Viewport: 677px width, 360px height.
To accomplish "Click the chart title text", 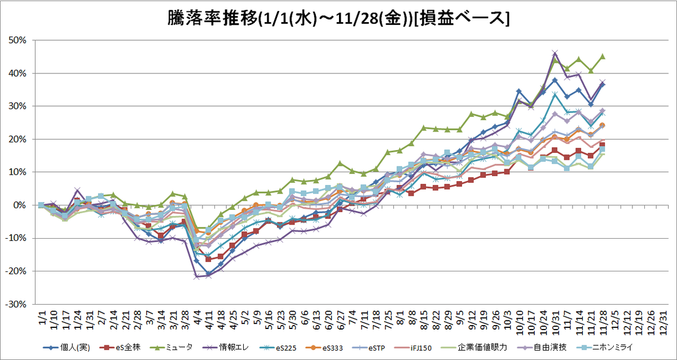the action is (338, 19).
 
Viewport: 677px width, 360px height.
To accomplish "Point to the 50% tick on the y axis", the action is (17, 40).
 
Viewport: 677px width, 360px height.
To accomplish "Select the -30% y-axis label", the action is (16, 304).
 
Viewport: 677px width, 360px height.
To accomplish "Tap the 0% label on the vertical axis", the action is (20, 205).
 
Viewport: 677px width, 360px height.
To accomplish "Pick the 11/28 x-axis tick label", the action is (603, 323).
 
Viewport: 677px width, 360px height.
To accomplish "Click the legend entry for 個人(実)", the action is (67, 348).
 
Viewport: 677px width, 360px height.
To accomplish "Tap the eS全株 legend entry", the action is (120, 348).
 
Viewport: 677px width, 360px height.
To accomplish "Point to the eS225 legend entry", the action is (278, 348).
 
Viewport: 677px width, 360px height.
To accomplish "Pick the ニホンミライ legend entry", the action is (605, 348).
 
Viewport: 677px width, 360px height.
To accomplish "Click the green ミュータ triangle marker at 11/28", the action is (603, 56).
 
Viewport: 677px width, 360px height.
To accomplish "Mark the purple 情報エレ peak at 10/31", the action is (555, 53).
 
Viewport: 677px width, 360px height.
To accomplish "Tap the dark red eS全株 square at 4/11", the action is (208, 259).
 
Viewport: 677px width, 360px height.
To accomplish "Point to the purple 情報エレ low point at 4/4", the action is (196, 276).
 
